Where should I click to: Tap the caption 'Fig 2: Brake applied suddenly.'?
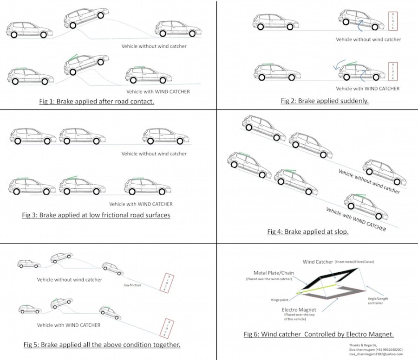tap(324, 101)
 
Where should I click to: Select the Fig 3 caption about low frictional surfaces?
tap(96, 215)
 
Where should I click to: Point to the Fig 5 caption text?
tap(102, 345)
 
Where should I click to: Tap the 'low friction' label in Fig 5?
tap(132, 285)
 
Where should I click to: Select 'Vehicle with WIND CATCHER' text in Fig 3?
tap(141, 204)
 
